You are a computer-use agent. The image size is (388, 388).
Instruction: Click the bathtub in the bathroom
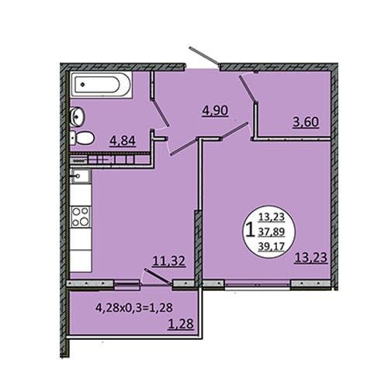click(101, 85)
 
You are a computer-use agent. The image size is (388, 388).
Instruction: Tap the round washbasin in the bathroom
click(78, 116)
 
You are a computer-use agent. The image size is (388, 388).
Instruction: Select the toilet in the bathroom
click(82, 137)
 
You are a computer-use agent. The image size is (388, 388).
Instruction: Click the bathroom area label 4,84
click(123, 141)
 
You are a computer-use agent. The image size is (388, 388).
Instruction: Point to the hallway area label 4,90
click(215, 111)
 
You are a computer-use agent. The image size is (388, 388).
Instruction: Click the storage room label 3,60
click(306, 122)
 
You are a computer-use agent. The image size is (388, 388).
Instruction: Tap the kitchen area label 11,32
click(168, 262)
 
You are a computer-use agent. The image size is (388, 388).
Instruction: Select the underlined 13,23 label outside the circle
click(311, 258)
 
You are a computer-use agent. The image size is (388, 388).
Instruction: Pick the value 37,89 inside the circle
click(272, 231)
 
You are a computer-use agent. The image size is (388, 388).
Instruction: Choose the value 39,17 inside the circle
click(272, 247)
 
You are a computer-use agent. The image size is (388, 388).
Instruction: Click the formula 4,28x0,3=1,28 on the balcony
click(134, 308)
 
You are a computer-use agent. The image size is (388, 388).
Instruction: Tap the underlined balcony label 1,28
click(181, 324)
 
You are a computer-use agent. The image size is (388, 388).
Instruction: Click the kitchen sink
click(81, 176)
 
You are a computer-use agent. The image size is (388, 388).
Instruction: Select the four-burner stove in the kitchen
click(81, 217)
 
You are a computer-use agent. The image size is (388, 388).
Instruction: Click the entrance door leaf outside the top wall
click(204, 55)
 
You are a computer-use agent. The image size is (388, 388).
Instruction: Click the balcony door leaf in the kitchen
click(158, 277)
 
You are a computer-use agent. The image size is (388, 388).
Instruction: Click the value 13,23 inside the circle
click(272, 217)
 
